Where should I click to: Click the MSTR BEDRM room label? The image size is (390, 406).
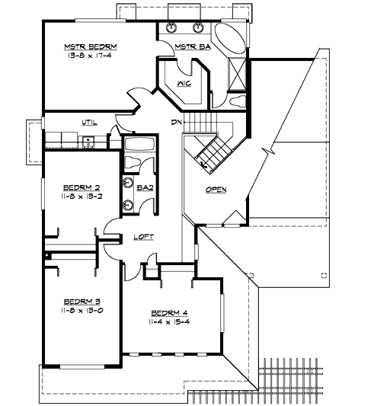pyautogui.click(x=85, y=46)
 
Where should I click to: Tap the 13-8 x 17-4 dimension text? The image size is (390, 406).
pyautogui.click(x=85, y=55)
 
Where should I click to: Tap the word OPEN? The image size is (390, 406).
pyautogui.click(x=216, y=190)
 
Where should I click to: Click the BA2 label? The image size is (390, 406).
pyautogui.click(x=145, y=187)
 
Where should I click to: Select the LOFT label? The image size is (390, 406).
pyautogui.click(x=143, y=237)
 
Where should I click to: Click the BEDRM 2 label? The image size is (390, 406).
pyautogui.click(x=78, y=187)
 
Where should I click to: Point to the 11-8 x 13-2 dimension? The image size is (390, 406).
pyautogui.click(x=78, y=196)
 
